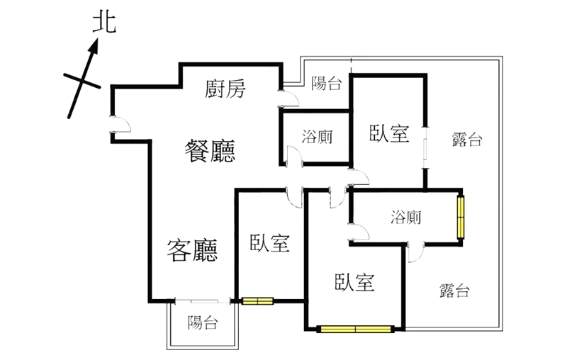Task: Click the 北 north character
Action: click(x=105, y=23)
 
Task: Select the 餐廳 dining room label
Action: click(x=210, y=150)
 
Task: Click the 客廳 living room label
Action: click(x=191, y=249)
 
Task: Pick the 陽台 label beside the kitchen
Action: click(x=327, y=84)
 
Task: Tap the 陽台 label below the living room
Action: click(x=203, y=323)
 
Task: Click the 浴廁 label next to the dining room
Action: click(x=317, y=136)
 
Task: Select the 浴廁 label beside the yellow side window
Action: click(x=405, y=218)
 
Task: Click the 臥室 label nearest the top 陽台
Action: click(x=390, y=133)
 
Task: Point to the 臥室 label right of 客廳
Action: click(x=269, y=243)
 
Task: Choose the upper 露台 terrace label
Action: click(x=467, y=140)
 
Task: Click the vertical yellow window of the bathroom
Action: click(x=460, y=217)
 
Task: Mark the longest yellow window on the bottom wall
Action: click(x=356, y=329)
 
